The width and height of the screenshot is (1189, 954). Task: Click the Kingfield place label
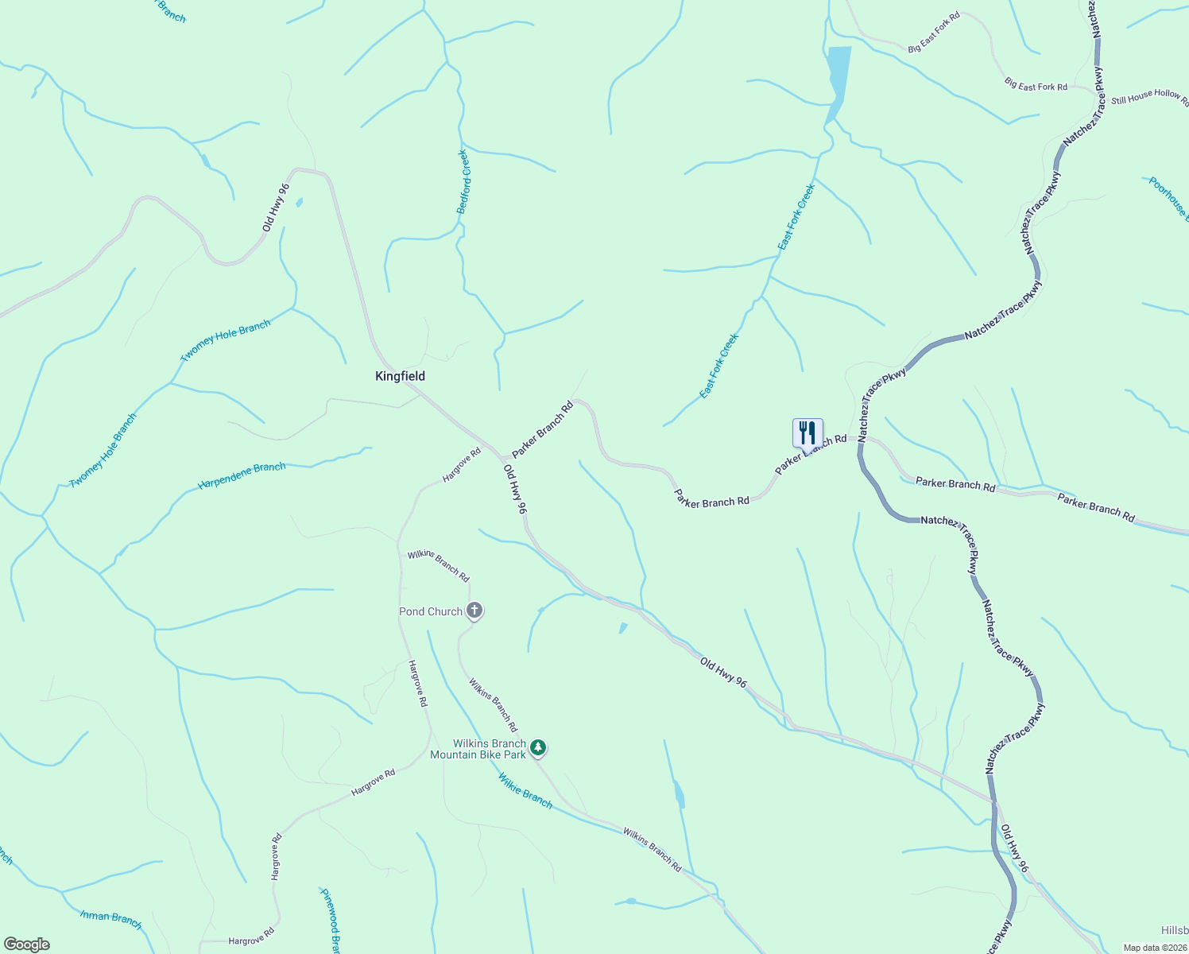[400, 376]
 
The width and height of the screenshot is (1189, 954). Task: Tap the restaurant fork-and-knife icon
[808, 432]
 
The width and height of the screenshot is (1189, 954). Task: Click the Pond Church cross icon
[474, 611]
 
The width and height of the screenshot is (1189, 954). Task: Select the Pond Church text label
[430, 611]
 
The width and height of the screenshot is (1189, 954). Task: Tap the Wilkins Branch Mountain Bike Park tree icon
[538, 747]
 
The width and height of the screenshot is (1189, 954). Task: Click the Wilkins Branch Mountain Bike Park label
[478, 749]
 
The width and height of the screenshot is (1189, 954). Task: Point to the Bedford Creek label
[464, 182]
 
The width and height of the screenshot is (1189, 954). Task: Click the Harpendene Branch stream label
[242, 475]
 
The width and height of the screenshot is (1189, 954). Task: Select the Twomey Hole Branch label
[225, 340]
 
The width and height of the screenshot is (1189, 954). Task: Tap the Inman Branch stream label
[110, 919]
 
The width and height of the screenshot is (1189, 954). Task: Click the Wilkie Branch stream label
[525, 790]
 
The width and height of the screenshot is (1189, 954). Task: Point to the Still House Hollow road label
[1148, 97]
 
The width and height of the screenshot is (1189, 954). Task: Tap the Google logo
[26, 944]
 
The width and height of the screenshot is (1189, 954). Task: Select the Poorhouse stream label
[1168, 198]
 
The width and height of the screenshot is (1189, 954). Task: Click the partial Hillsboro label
[1174, 930]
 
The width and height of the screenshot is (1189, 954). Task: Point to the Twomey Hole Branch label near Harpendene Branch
[103, 450]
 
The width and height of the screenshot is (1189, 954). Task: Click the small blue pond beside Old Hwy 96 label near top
[299, 202]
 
